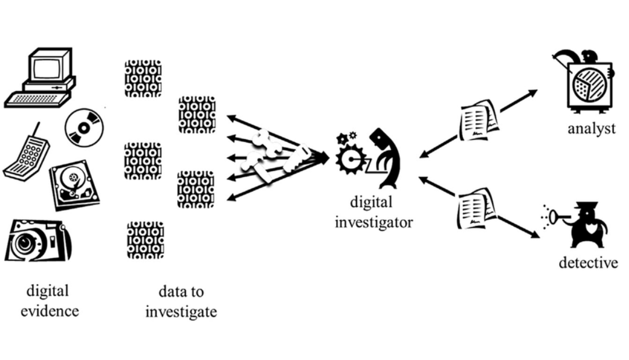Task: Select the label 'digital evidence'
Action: [49, 301]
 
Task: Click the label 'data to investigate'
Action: [181, 301]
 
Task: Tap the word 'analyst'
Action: [591, 129]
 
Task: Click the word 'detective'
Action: [588, 263]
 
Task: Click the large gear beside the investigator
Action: [351, 158]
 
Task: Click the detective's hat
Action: [583, 207]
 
